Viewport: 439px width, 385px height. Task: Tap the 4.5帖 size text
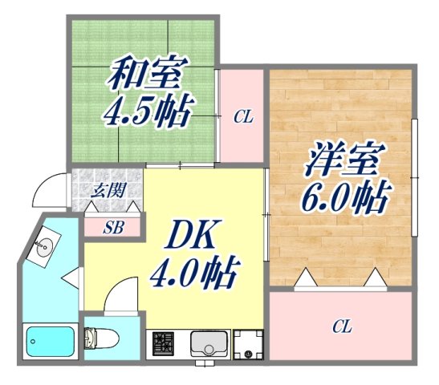148,111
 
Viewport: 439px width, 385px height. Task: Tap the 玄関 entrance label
108,190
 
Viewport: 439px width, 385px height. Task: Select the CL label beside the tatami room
242,117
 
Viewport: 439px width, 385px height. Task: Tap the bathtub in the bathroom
50,342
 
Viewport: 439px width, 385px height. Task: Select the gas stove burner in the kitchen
164,343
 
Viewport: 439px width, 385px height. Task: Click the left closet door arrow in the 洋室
305,278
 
